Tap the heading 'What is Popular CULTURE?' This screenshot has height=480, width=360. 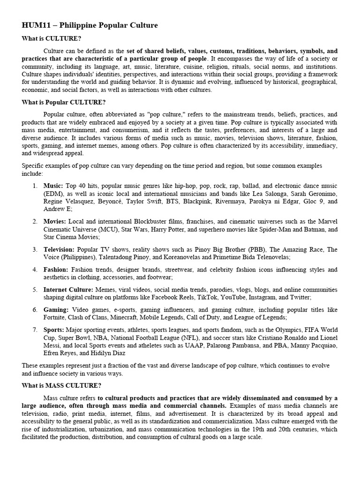click(64, 102)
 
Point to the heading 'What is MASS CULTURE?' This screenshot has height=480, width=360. click(61, 385)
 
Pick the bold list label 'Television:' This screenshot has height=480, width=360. click(59, 249)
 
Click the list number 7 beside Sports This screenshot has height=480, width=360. click(35, 330)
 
